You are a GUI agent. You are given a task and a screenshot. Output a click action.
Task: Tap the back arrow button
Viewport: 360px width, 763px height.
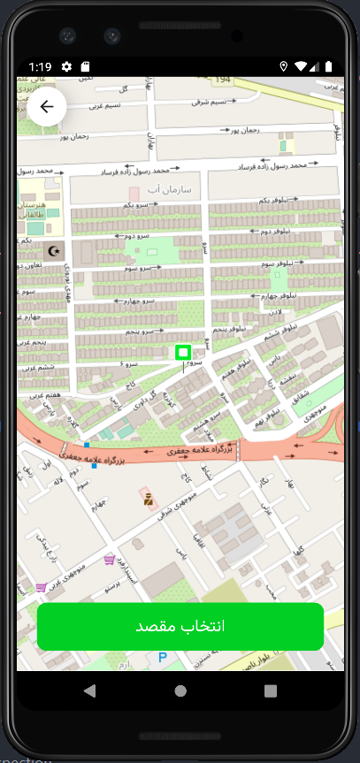[47, 107]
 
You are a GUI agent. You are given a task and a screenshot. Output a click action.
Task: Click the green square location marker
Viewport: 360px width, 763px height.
[183, 353]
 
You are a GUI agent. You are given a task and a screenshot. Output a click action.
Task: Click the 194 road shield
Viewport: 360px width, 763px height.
[223, 80]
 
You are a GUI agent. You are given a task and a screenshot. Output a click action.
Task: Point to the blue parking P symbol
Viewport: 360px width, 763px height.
[162, 657]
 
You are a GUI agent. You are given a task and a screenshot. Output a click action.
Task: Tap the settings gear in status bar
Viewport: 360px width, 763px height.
[66, 66]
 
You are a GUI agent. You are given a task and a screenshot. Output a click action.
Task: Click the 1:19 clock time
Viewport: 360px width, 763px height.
[40, 66]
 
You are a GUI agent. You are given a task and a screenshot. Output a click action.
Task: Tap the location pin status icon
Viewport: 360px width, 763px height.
[284, 66]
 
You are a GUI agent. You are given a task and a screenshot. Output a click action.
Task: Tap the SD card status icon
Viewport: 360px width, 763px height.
[85, 66]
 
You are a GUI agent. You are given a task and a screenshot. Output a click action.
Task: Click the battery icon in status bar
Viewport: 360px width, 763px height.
[329, 66]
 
